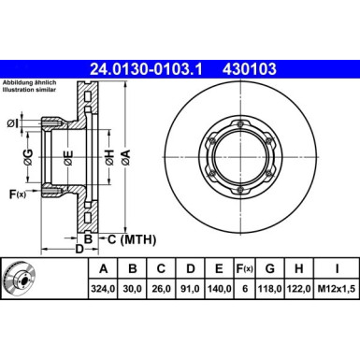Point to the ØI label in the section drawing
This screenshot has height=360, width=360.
coord(13,123)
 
